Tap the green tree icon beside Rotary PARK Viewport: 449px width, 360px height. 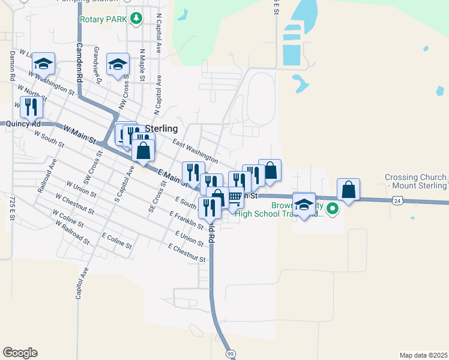click(x=137, y=19)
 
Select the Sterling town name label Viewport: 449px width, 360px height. click(x=161, y=128)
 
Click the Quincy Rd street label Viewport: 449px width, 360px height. click(x=23, y=124)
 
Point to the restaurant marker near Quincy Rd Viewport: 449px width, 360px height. click(x=31, y=107)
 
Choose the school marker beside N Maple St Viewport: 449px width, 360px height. click(x=118, y=63)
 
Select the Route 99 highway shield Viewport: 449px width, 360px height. click(x=231, y=354)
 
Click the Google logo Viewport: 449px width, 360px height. click(x=20, y=353)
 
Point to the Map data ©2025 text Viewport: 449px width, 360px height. click(x=423, y=355)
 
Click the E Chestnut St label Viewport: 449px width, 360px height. click(x=187, y=253)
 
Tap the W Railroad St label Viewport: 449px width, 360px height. click(x=70, y=232)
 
